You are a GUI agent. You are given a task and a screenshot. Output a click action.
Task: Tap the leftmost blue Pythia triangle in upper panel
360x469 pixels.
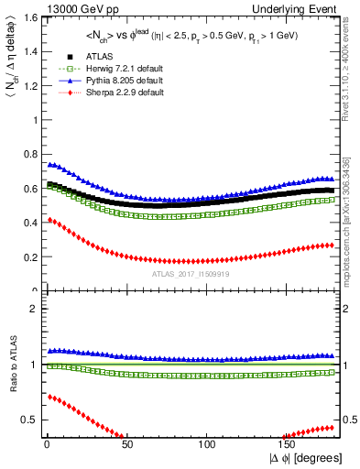point(49,165)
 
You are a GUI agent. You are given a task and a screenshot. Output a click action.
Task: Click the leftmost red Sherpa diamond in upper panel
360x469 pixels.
point(49,220)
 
